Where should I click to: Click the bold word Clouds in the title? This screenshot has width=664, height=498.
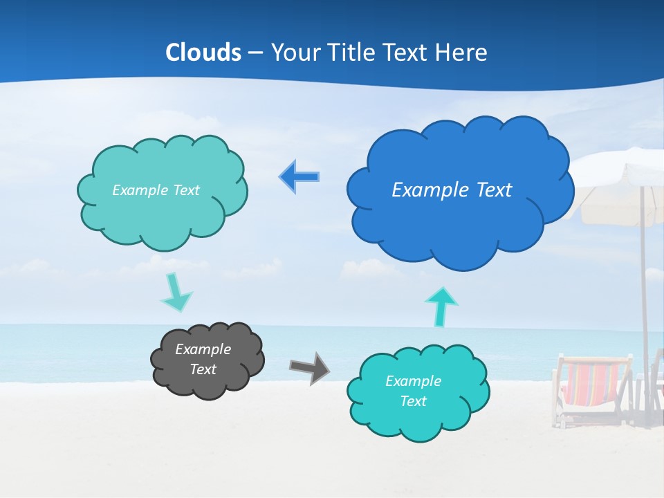coord(203,53)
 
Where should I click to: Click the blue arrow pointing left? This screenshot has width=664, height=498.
coord(299,177)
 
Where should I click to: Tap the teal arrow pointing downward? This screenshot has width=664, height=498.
coord(176,293)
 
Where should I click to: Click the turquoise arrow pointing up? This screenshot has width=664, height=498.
coord(441,306)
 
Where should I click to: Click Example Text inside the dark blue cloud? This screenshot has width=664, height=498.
coord(452,190)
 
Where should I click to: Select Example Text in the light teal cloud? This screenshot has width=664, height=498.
coord(156,190)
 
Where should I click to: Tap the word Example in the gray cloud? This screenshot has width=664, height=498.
coord(203,349)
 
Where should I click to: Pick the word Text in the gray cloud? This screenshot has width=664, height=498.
coord(203,369)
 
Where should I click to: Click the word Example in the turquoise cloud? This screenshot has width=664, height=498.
coord(413,381)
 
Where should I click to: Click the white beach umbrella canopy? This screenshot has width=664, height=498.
coord(622,194)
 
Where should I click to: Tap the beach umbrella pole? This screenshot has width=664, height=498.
coord(645,290)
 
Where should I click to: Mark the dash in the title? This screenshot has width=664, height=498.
coord(256,53)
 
